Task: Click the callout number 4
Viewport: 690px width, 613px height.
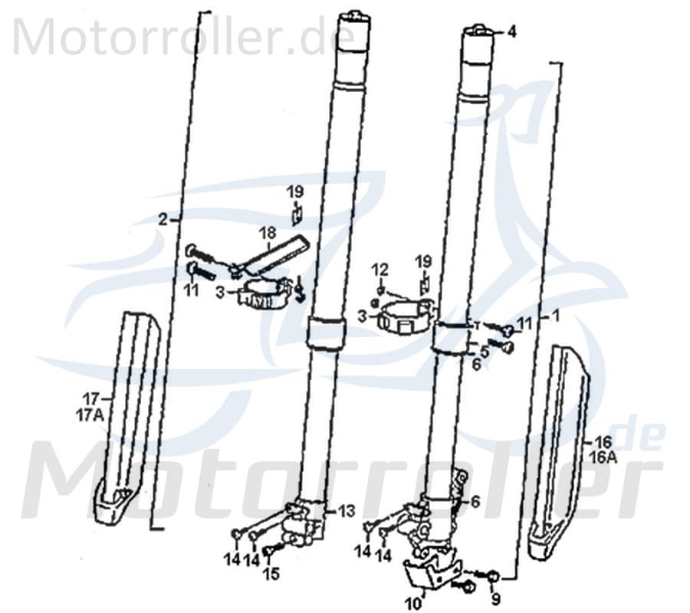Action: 511,32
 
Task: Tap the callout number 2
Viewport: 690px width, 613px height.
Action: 163,219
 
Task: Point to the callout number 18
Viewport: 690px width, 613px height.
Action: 266,231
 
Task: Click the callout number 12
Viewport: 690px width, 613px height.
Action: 381,269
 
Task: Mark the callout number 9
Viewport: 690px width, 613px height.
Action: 495,598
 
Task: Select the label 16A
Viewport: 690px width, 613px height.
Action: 603,457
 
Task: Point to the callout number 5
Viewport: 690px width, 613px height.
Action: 485,352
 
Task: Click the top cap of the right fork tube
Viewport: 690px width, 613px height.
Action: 478,30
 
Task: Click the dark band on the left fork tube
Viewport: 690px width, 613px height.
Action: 327,336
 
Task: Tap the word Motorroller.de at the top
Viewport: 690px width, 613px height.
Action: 184,36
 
